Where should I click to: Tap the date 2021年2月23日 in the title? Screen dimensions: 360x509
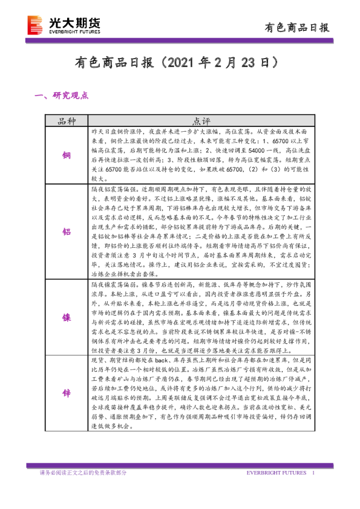click(220, 62)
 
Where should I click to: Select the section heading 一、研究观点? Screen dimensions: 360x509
click(62, 95)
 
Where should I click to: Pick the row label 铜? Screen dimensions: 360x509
click(67, 155)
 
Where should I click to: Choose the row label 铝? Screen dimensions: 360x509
click(67, 232)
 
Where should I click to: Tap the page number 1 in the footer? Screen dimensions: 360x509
click(313, 472)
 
